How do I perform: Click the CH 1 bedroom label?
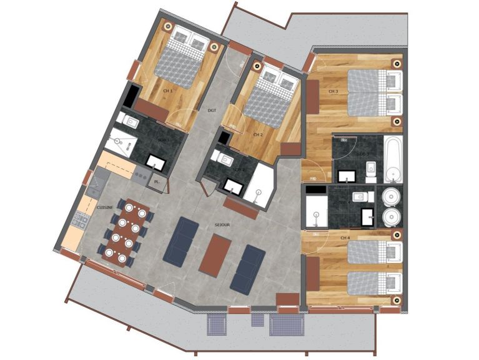click(167, 91)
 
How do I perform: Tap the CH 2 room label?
click(259, 134)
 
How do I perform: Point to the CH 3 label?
click(333, 92)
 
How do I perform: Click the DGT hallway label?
click(212, 111)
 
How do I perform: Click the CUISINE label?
click(105, 207)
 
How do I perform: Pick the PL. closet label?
click(157, 181)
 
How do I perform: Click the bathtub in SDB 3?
click(392, 159)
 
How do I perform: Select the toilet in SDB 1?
click(127, 120)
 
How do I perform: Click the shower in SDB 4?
click(317, 210)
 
